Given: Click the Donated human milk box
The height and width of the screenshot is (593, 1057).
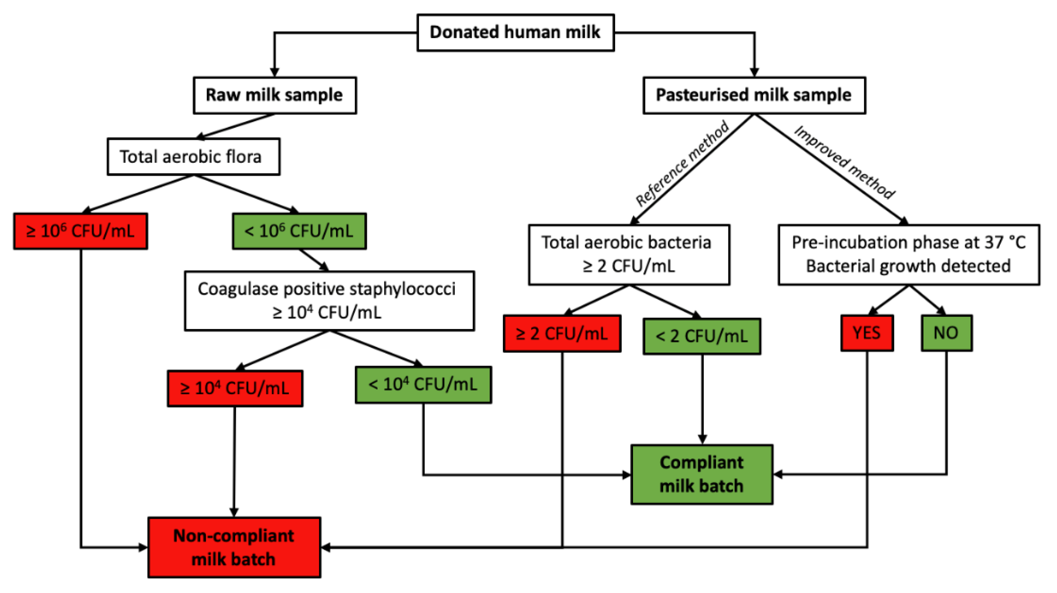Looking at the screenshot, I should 515,32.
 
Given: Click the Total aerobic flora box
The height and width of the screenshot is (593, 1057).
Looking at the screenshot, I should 193,157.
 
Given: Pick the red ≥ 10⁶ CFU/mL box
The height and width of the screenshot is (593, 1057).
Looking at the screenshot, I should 80,231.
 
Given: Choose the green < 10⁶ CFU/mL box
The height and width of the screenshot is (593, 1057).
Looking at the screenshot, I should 299,231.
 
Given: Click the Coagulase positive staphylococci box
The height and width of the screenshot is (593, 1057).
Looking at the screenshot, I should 329,300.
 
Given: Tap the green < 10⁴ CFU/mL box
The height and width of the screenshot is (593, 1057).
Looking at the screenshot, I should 423,385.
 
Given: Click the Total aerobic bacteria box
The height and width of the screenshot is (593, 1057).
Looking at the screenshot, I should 629,255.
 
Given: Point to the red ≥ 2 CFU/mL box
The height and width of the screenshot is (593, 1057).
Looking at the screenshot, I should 562,333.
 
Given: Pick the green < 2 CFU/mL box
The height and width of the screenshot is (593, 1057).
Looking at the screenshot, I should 702,336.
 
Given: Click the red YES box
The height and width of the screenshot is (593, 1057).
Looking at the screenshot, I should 867,333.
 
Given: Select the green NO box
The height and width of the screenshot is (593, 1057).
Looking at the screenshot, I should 946,333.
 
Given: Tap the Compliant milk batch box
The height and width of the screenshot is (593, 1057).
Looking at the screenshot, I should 702,474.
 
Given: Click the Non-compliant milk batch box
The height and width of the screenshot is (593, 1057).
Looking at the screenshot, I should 234,548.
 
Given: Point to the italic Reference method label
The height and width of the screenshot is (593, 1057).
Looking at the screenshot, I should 682,164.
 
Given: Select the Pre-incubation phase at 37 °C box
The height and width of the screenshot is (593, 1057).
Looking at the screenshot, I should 909,255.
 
